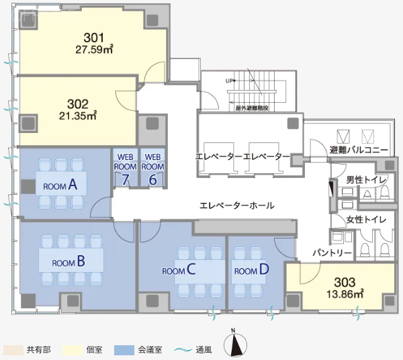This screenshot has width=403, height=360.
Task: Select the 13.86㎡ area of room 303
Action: click(x=345, y=294)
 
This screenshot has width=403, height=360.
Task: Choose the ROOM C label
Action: click(x=179, y=271)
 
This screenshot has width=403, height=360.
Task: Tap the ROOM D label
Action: click(x=251, y=271)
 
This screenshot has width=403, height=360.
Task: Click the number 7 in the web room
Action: click(x=125, y=179)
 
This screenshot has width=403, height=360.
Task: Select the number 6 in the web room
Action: click(x=153, y=179)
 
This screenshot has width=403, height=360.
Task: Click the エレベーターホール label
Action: click(x=236, y=206)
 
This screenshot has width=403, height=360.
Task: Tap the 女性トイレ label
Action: click(x=365, y=220)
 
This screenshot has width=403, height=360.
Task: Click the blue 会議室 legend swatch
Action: click(x=124, y=350)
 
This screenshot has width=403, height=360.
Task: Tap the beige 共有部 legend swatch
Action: click(x=13, y=350)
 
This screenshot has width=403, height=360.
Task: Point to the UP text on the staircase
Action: click(x=230, y=81)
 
